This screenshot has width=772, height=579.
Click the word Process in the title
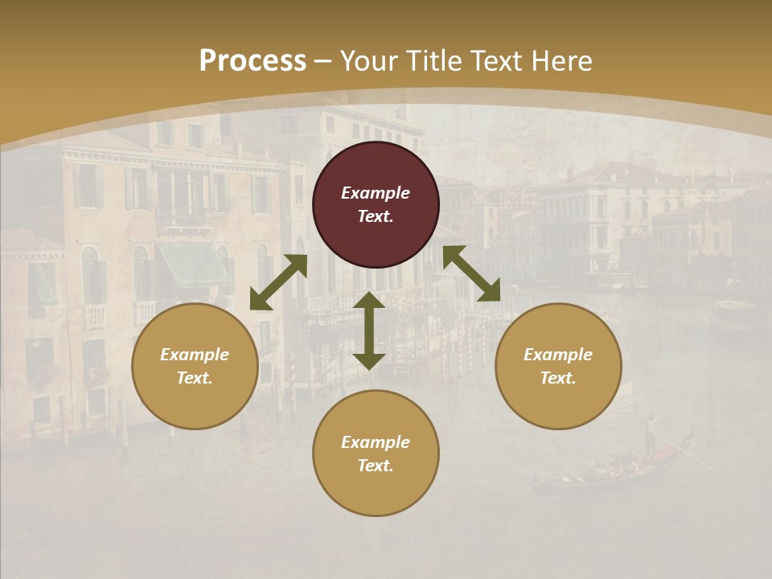[x=253, y=61]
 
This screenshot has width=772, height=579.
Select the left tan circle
[x=195, y=402]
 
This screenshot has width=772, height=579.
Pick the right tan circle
[x=558, y=402]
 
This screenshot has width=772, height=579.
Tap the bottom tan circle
[x=376, y=491]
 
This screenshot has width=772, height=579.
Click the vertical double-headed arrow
[x=369, y=331]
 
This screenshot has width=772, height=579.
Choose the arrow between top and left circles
[x=278, y=282]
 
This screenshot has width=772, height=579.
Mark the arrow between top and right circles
[x=471, y=273]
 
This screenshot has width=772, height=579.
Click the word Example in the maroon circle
[x=376, y=193]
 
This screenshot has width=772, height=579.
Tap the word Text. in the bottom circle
[x=376, y=466]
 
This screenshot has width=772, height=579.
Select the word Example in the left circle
[x=195, y=355]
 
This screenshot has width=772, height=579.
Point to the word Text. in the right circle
[x=558, y=378]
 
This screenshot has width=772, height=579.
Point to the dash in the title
[x=323, y=61]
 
